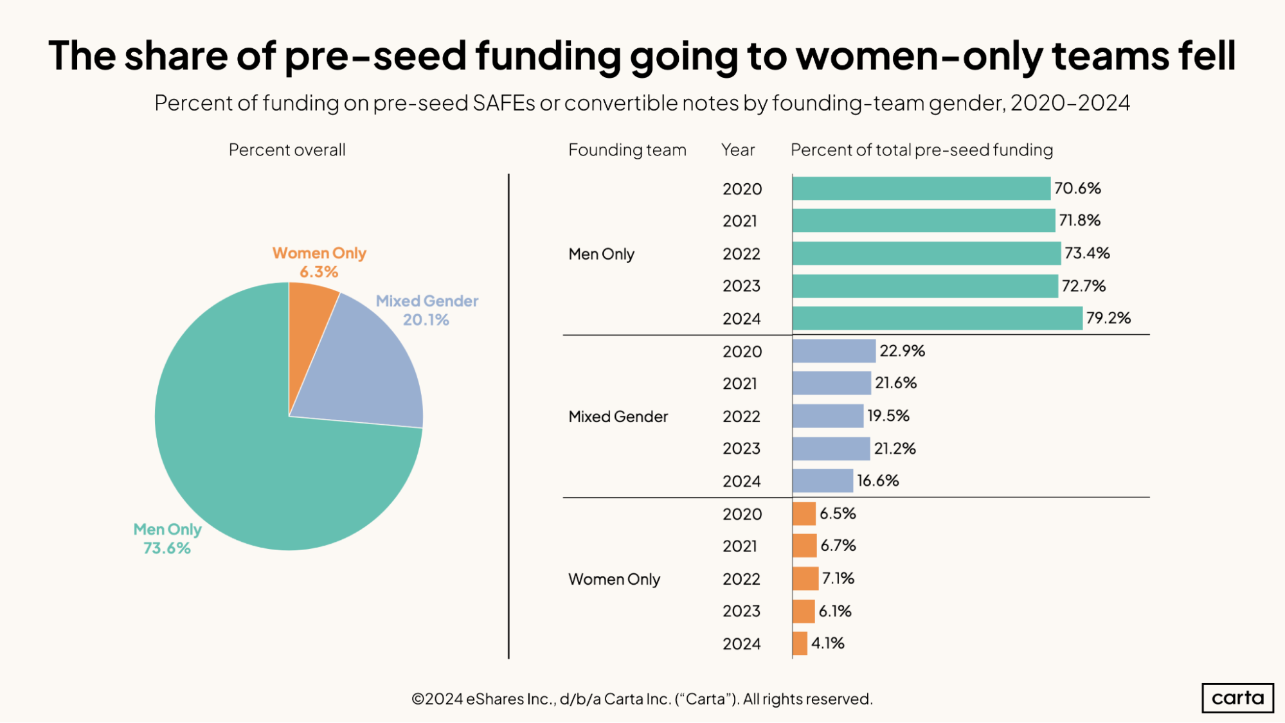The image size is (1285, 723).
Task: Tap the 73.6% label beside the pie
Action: coord(167,548)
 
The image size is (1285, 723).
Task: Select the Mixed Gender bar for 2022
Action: coord(828,416)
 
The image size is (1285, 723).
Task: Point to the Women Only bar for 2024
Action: coord(800,643)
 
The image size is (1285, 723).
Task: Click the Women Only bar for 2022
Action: coord(805,578)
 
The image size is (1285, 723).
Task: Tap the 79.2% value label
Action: coord(1108,318)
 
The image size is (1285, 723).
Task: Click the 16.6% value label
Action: coord(877,481)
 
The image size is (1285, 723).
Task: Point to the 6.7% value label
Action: coord(838,546)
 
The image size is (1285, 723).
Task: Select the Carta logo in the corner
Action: coord(1237,698)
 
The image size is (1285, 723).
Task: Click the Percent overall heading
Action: coord(287,150)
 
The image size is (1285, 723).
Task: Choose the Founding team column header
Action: coord(627,150)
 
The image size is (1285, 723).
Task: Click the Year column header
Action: coord(737,150)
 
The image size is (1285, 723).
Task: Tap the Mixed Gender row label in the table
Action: coord(618,416)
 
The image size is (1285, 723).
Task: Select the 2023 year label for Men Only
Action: coord(741,286)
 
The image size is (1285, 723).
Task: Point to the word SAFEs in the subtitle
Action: coord(503,103)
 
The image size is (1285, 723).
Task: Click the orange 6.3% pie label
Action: coord(319,272)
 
